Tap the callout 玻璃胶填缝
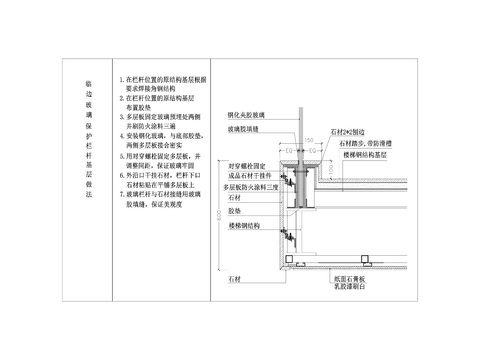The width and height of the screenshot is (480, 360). point(244,129)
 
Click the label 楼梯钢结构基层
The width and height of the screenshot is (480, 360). point(366,157)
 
